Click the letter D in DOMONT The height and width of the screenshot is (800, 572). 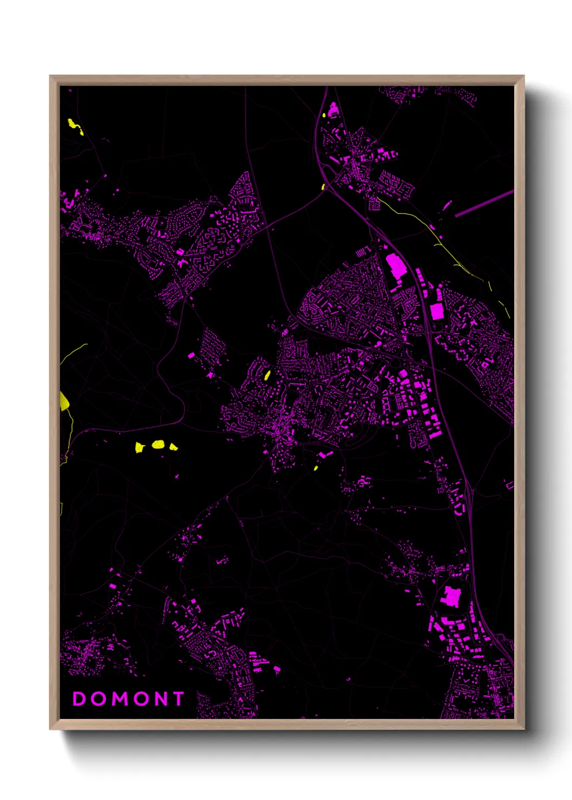point(79,699)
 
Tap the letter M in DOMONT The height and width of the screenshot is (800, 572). point(119,699)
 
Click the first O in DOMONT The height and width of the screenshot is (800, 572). point(98,699)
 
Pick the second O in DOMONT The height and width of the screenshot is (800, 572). point(139,699)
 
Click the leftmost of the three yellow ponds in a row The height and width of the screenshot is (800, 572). point(140,447)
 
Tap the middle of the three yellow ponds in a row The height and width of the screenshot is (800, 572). point(158,444)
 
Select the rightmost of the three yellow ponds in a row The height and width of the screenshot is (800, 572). point(173,446)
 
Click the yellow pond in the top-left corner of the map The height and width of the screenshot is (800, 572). point(75,125)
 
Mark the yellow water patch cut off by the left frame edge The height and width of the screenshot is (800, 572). point(64,401)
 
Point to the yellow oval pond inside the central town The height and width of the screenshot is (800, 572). point(267,375)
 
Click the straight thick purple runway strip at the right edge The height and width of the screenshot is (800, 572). point(484,203)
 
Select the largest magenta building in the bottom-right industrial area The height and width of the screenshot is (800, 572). point(450,596)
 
